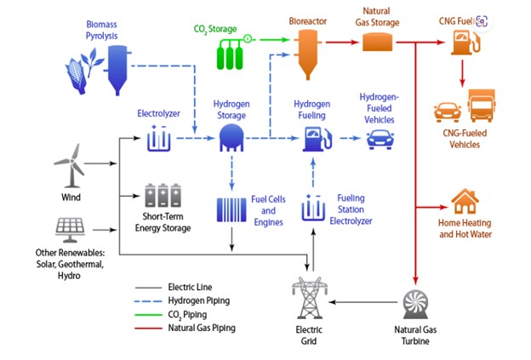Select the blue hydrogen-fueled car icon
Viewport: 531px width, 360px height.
(380, 139)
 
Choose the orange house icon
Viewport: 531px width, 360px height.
(465, 202)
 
